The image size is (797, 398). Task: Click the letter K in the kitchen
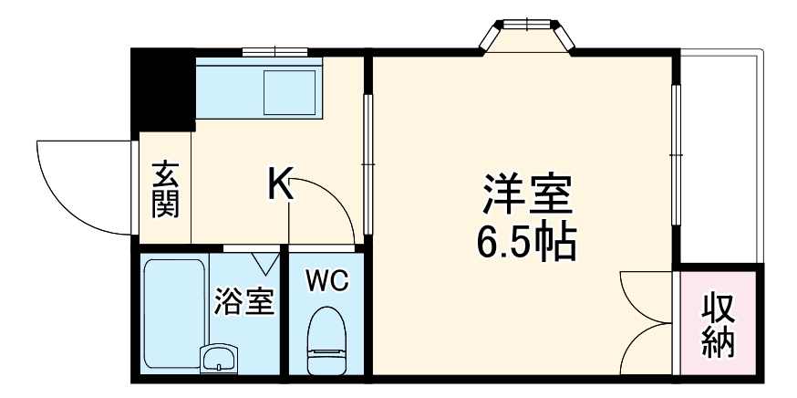coord(280,185)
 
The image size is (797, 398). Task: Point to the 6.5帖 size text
coord(526,240)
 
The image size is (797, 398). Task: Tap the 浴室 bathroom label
coord(243,302)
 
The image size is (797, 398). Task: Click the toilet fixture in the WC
coord(326,341)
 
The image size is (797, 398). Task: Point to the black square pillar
coord(162,89)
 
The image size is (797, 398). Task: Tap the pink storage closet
coord(718,325)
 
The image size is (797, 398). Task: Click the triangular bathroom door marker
coord(267,262)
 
